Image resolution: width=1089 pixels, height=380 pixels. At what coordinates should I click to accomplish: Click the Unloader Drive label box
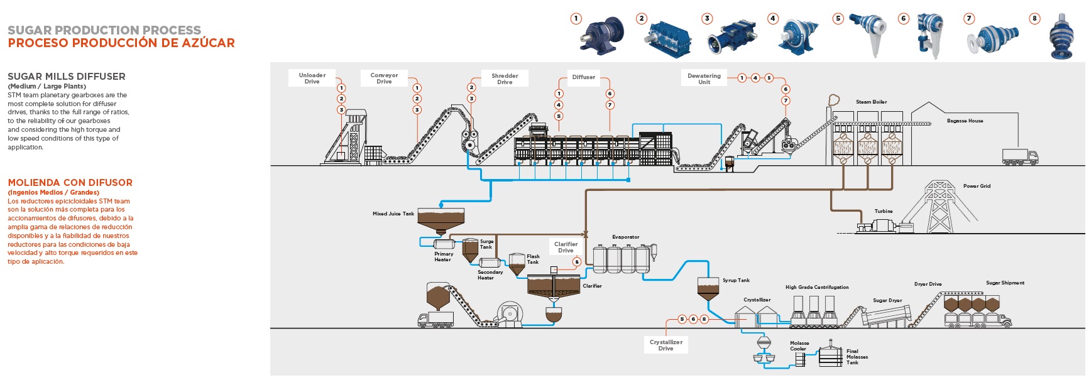(312, 79)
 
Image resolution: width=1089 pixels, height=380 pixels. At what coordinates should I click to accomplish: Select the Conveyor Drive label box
(384, 79)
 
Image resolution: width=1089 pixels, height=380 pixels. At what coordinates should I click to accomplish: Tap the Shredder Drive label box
(505, 79)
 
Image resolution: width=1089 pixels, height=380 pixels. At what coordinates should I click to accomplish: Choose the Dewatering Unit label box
(704, 79)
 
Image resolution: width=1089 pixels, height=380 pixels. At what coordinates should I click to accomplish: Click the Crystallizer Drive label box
(665, 345)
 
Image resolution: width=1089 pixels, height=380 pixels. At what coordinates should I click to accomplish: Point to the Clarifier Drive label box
(566, 247)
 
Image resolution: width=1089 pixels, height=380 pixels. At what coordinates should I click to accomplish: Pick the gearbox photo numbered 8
(1062, 38)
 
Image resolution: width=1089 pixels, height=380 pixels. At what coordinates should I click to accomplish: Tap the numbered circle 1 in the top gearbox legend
(576, 19)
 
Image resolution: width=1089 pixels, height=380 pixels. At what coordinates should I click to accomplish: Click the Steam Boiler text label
(871, 102)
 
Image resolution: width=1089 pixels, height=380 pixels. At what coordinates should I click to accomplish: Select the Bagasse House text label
(965, 121)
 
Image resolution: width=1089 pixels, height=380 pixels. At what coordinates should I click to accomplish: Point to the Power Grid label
(977, 186)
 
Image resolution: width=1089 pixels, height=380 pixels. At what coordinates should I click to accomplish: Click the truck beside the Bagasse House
(1020, 157)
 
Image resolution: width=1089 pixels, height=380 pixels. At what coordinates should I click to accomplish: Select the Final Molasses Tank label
(856, 357)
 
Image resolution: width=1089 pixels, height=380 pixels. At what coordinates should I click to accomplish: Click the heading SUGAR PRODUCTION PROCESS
(104, 30)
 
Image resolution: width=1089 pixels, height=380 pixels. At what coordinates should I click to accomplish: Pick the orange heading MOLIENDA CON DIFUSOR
(70, 183)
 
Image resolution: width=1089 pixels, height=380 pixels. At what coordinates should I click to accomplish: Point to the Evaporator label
(625, 237)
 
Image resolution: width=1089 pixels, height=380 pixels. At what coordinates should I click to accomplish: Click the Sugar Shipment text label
(1005, 283)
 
